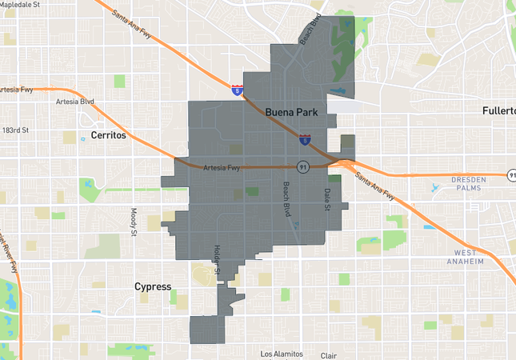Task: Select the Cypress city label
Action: click(x=153, y=286)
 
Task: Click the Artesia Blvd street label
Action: click(x=76, y=102)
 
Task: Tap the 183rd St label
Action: click(x=15, y=130)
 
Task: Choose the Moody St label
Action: click(x=134, y=222)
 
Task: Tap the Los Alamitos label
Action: click(x=282, y=354)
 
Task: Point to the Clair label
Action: click(x=328, y=355)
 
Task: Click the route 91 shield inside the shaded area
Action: click(x=302, y=166)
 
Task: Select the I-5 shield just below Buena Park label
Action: click(x=305, y=140)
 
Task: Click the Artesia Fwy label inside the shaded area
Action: click(x=222, y=168)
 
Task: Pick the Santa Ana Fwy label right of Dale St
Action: click(x=375, y=186)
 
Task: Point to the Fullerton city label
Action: click(x=498, y=111)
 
